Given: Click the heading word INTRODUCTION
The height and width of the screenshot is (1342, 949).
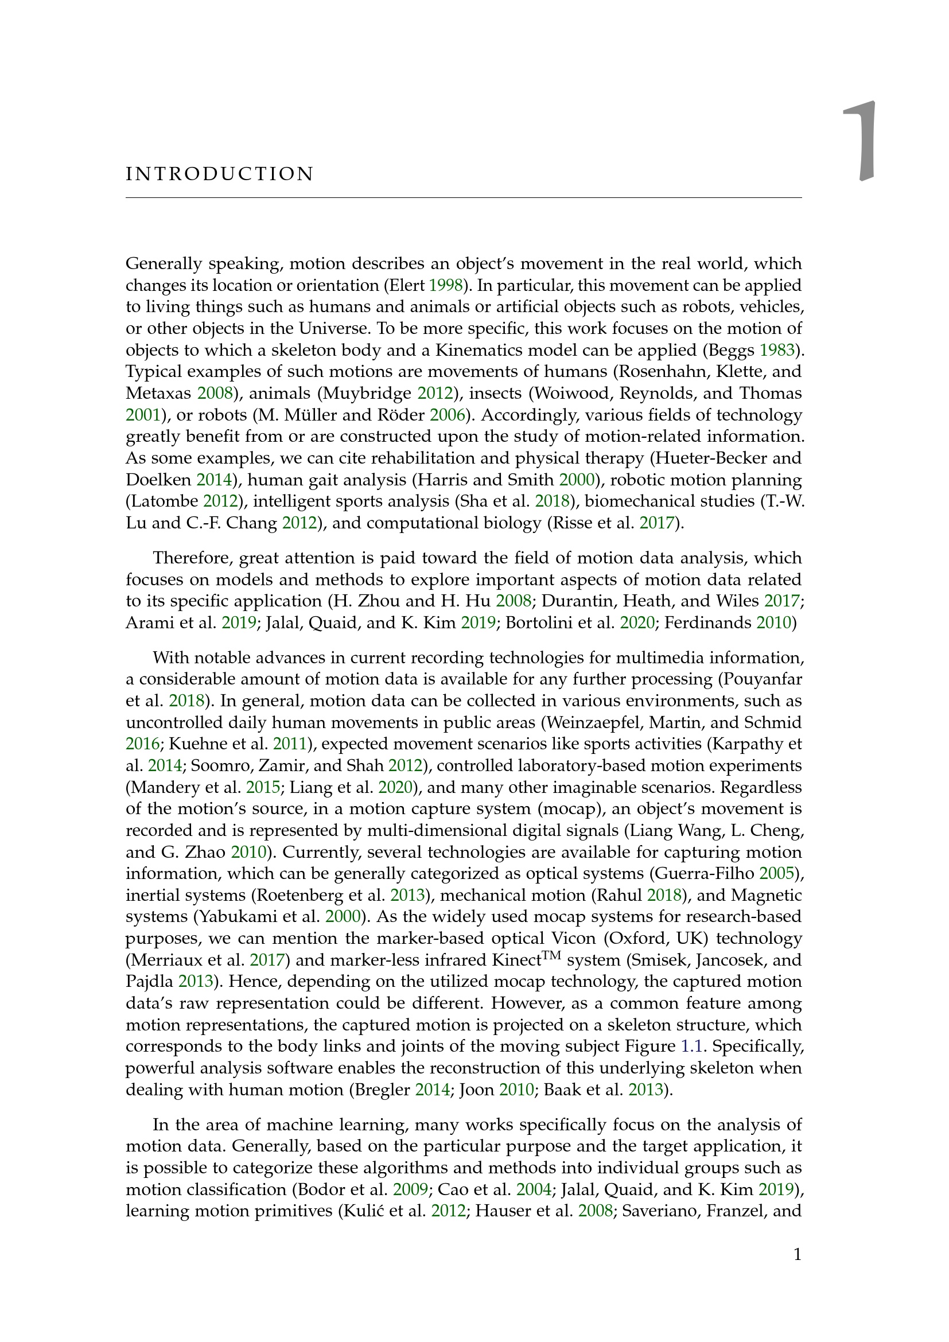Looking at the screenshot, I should coord(220,174).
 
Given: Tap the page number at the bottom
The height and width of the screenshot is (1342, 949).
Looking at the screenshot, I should coord(798,1255).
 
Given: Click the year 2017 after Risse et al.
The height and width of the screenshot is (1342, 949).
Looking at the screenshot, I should coord(657,523).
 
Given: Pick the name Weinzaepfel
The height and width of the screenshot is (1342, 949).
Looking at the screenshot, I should coord(592,723).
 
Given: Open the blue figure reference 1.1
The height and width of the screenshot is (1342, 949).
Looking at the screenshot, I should coord(691,1047).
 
